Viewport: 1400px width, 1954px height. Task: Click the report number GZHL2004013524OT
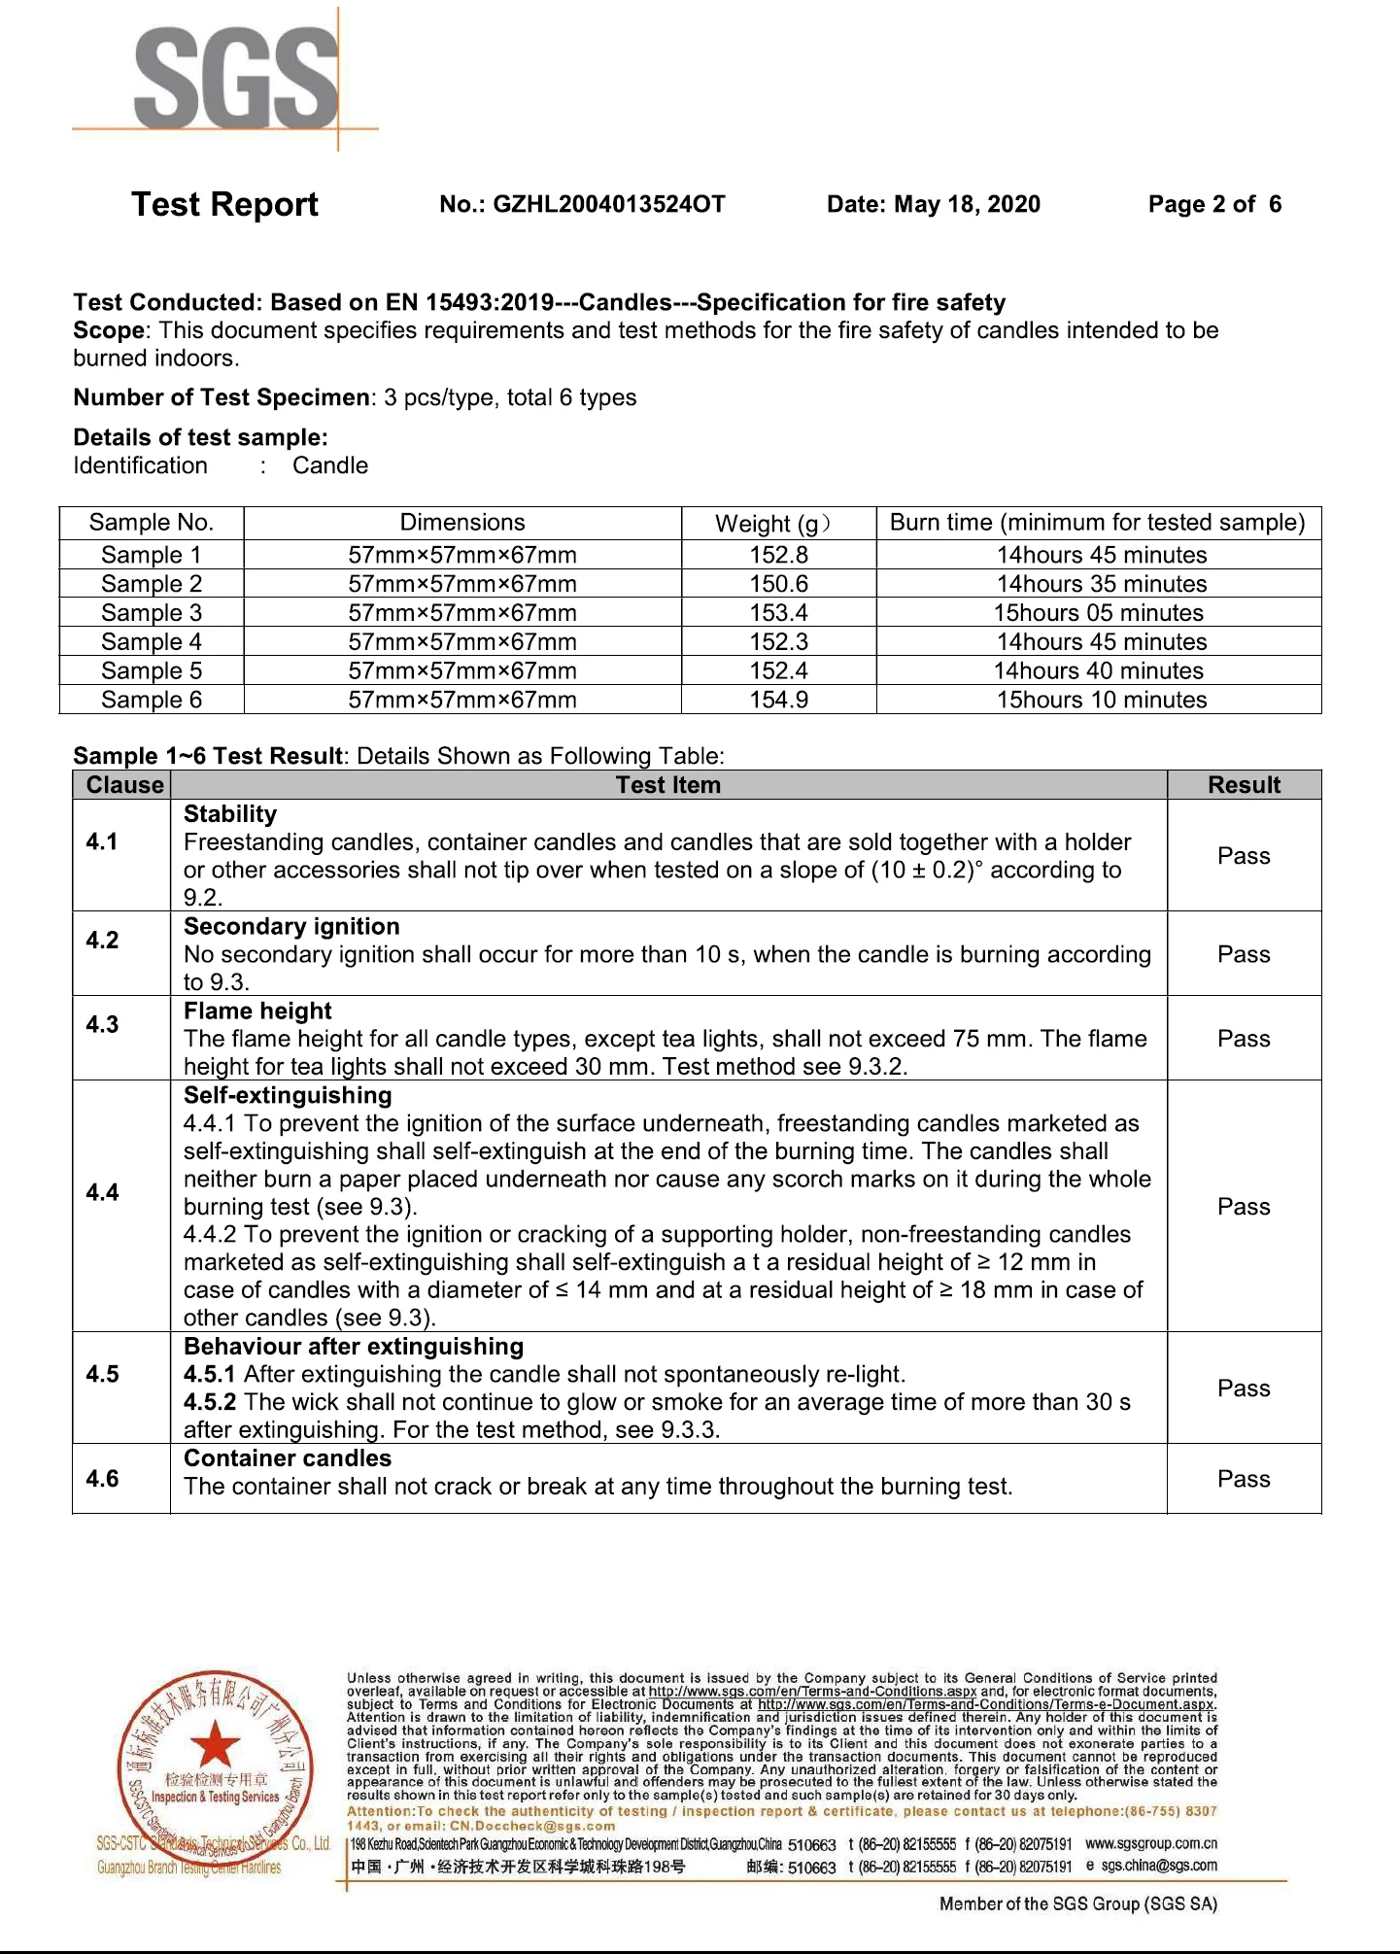click(x=608, y=204)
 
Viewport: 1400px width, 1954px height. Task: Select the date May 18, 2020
click(x=967, y=204)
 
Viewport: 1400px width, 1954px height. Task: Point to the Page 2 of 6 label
click(x=1214, y=204)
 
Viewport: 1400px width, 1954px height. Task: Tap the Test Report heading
click(x=224, y=204)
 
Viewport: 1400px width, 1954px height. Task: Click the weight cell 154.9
click(x=778, y=700)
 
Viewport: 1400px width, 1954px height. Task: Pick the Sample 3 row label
click(x=152, y=613)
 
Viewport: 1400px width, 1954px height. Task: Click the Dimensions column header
click(x=462, y=523)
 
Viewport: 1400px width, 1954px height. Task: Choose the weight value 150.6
click(x=778, y=584)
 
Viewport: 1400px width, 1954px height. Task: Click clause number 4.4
click(x=102, y=1192)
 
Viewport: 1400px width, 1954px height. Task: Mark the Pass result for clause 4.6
click(x=1244, y=1479)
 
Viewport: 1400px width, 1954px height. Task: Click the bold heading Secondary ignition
click(x=291, y=927)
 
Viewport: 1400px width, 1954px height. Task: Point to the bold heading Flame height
click(x=257, y=1011)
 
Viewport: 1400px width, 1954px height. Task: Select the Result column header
click(x=1244, y=785)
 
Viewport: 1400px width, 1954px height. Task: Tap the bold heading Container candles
click(x=288, y=1458)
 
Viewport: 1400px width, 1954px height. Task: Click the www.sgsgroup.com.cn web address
click(x=1150, y=1843)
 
